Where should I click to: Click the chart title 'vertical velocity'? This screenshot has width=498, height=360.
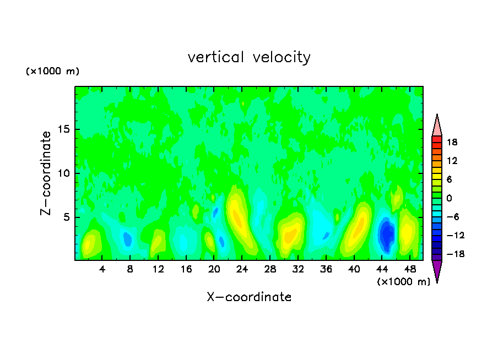tap(249, 57)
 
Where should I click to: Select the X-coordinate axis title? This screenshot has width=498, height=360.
tap(249, 297)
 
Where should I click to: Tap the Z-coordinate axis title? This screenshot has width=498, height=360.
tap(46, 173)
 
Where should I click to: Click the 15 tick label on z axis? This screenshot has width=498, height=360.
tap(63, 130)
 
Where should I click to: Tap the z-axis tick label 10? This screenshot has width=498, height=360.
tap(63, 173)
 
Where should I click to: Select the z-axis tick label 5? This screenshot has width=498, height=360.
tap(66, 217)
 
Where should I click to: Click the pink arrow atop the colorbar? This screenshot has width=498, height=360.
tap(437, 125)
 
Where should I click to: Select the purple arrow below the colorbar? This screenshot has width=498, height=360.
tap(437, 270)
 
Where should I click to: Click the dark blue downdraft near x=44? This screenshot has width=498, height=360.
tap(387, 234)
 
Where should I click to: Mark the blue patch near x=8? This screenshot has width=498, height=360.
tap(128, 239)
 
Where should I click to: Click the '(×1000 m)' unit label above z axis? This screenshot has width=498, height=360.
tap(53, 72)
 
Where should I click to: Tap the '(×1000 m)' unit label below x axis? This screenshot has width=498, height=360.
tap(404, 282)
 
